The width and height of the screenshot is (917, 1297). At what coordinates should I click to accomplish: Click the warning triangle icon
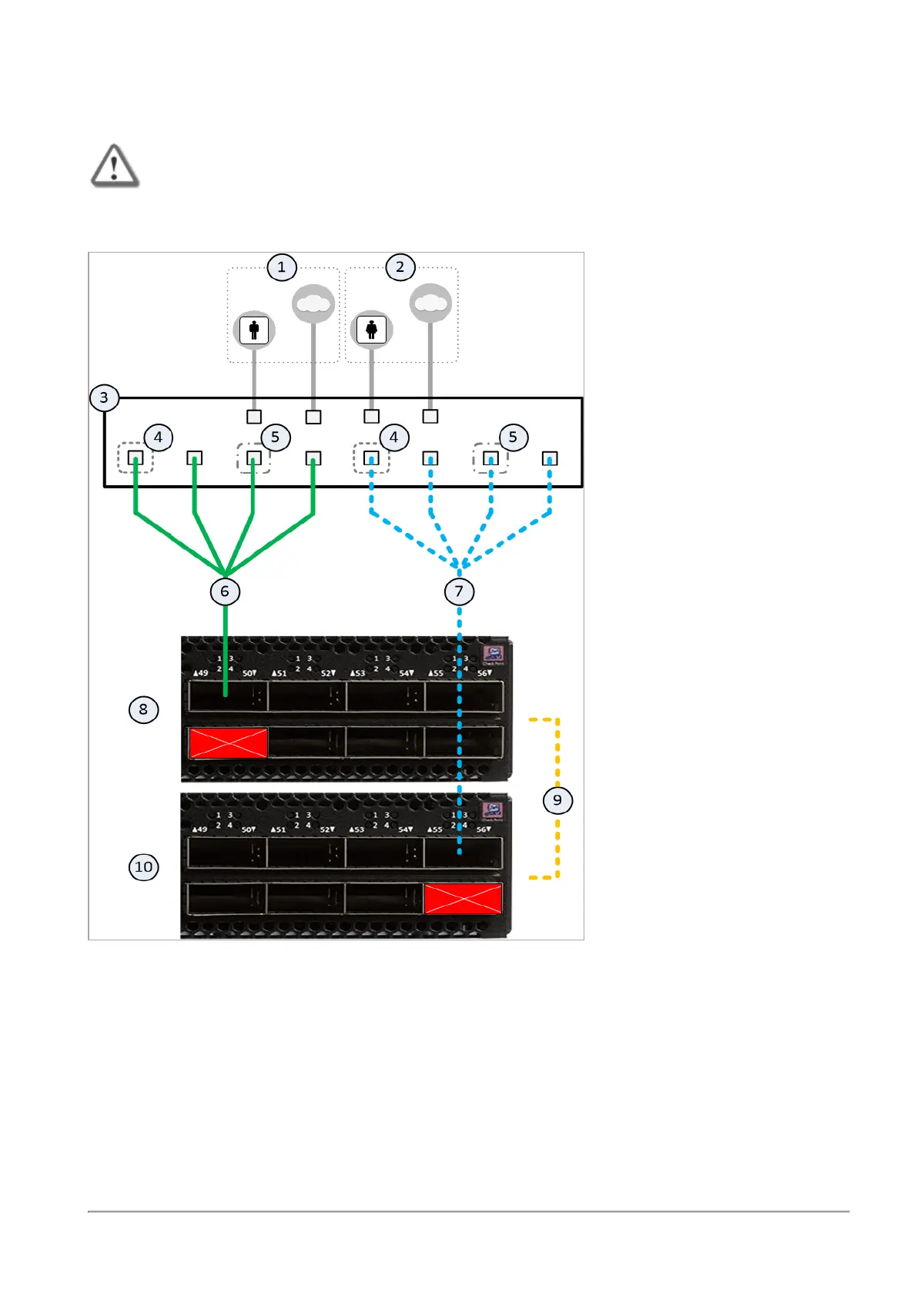(x=115, y=166)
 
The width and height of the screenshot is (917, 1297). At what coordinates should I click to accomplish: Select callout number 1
(x=282, y=267)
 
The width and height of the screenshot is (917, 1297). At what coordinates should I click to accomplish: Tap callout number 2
(x=400, y=267)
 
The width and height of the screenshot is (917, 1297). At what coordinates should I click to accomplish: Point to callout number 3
(x=104, y=398)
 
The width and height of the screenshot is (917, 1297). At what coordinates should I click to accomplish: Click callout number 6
(x=225, y=592)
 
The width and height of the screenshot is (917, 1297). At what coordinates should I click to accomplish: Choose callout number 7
(x=459, y=592)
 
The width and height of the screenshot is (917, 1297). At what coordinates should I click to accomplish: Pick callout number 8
(x=143, y=709)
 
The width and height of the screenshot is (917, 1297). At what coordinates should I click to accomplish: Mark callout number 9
(x=557, y=800)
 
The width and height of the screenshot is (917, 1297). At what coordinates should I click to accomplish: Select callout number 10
(x=143, y=867)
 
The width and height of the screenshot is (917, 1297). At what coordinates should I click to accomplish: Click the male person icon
(x=254, y=330)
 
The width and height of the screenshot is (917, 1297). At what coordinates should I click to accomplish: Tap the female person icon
(x=371, y=330)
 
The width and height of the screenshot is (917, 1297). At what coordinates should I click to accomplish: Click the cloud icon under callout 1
(x=313, y=304)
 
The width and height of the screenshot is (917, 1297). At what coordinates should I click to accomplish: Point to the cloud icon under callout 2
(x=430, y=304)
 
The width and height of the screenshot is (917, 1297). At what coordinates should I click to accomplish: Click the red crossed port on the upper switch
(x=229, y=743)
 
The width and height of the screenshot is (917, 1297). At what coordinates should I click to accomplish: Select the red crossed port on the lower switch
(x=463, y=899)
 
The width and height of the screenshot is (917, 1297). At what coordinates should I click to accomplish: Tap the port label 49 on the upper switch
(x=201, y=673)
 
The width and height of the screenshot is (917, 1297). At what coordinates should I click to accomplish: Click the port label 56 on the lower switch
(x=484, y=829)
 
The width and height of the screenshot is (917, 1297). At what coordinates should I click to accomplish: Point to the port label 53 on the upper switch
(x=358, y=673)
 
